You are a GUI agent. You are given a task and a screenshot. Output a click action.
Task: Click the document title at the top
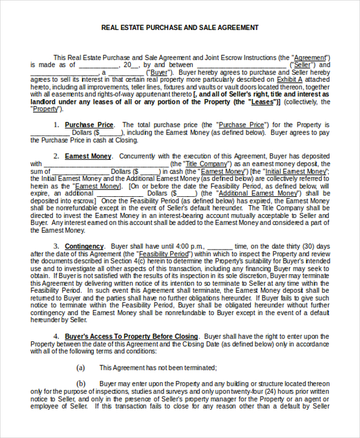click(180, 28)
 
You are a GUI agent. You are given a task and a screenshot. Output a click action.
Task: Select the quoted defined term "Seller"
click(303, 65)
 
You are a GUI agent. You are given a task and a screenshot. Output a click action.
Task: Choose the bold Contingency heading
click(84, 247)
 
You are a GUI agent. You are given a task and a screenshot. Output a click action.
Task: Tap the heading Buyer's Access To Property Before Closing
click(131, 336)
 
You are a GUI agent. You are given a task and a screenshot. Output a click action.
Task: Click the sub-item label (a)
click(81, 368)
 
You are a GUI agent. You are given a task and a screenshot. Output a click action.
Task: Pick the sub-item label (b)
click(81, 383)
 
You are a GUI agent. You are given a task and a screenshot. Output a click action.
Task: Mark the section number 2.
click(56, 155)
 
